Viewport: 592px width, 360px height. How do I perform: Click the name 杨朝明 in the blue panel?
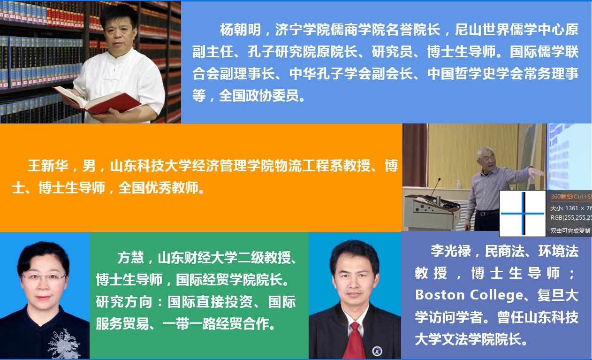tap(241, 30)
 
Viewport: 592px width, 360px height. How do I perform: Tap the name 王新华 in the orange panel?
tap(48, 166)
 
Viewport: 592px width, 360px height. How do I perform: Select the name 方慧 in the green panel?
tap(130, 257)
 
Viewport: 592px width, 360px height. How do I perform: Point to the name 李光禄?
tap(451, 251)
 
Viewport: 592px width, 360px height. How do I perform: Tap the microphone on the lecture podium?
tap(435, 187)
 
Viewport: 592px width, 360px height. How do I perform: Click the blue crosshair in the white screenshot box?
tap(523, 213)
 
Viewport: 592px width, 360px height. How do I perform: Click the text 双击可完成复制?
tap(570, 230)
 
